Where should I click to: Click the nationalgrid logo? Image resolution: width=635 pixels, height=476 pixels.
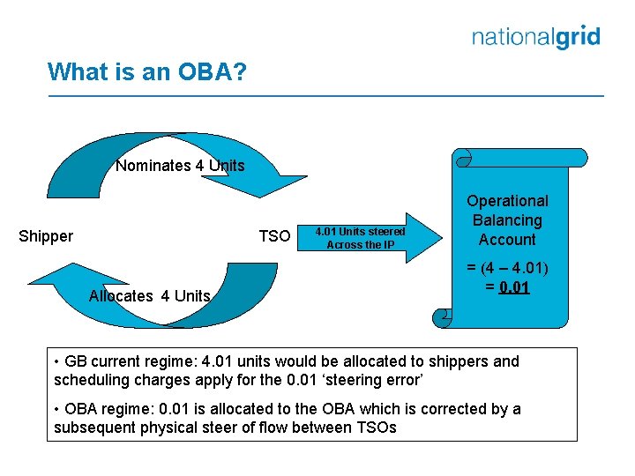point(535,37)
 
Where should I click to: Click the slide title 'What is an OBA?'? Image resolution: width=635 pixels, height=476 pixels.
point(147,71)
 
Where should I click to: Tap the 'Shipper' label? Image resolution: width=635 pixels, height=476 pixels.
point(46,236)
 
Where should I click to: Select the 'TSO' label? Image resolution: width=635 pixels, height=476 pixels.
point(274,236)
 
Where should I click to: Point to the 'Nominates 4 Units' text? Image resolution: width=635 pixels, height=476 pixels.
point(180,166)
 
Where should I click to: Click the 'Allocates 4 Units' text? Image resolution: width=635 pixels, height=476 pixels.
point(150,296)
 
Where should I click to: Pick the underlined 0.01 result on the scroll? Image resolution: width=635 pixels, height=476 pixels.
point(514,287)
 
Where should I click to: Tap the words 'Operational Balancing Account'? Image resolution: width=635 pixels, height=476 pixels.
point(507,220)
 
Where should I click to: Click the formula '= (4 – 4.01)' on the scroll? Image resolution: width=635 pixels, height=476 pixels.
point(507,269)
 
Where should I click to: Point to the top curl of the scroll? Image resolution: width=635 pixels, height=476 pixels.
point(464,158)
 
